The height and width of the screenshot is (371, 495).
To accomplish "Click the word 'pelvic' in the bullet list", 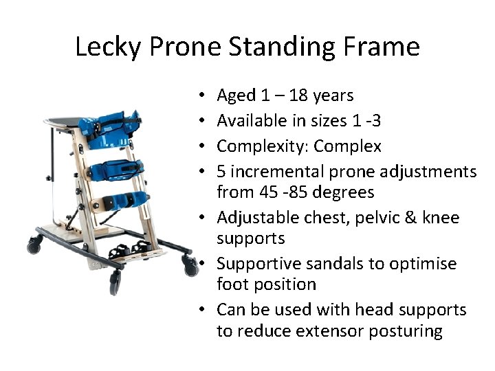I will (x=368, y=218).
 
